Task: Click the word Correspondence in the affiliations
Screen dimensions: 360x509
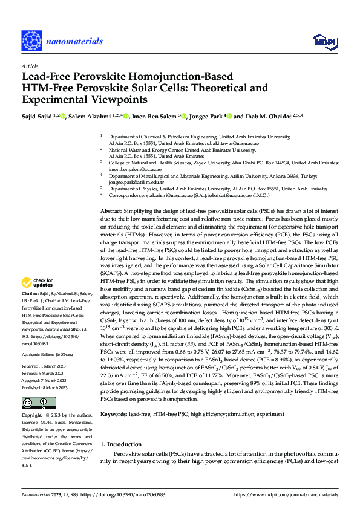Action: pyautogui.click(x=127, y=196)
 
